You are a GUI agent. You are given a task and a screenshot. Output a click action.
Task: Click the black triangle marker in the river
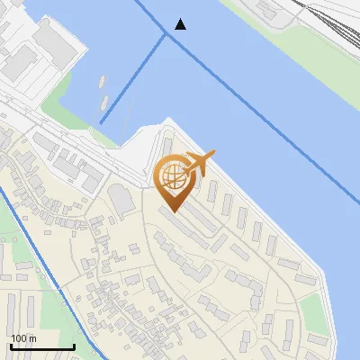point(181,24)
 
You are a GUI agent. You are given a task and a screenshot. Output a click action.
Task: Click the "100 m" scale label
point(23,338)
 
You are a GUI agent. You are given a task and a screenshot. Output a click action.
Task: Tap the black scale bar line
point(41,346)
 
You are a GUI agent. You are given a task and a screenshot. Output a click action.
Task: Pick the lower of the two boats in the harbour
point(103,102)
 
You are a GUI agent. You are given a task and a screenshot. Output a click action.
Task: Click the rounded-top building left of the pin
point(119,200)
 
